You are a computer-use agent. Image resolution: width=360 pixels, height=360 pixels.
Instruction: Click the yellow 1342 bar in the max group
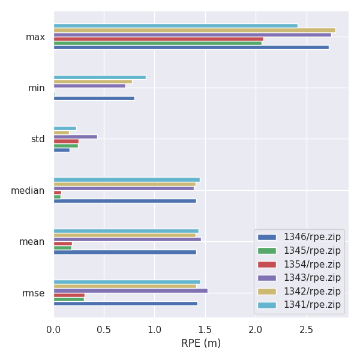click(194, 30)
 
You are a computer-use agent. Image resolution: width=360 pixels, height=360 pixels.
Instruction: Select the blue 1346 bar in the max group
click(191, 47)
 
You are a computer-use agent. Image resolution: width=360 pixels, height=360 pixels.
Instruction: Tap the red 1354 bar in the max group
click(158, 39)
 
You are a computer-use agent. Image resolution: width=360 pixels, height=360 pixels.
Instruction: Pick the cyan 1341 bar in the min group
click(100, 77)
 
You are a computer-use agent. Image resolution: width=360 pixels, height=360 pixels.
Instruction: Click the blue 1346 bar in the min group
click(94, 98)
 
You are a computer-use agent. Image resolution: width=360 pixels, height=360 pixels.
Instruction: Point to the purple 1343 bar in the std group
click(76, 137)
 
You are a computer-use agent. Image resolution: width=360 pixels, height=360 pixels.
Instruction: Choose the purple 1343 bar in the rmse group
click(131, 290)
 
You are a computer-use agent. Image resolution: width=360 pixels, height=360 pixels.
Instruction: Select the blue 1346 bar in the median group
click(125, 201)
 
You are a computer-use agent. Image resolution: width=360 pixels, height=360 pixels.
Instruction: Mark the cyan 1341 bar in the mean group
click(126, 231)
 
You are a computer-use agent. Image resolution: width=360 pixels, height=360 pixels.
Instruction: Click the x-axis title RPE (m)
click(201, 344)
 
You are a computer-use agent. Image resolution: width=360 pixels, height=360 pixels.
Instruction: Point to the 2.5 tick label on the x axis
click(307, 329)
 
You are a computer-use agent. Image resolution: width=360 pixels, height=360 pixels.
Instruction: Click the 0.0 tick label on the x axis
click(53, 329)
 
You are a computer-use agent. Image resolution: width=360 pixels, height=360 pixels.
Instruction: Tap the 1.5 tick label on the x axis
click(205, 329)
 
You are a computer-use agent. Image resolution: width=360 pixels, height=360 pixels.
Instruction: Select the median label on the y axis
click(28, 191)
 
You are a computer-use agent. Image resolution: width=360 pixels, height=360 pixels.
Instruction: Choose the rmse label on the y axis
click(33, 293)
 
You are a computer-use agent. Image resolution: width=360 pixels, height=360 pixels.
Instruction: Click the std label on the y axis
click(37, 139)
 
